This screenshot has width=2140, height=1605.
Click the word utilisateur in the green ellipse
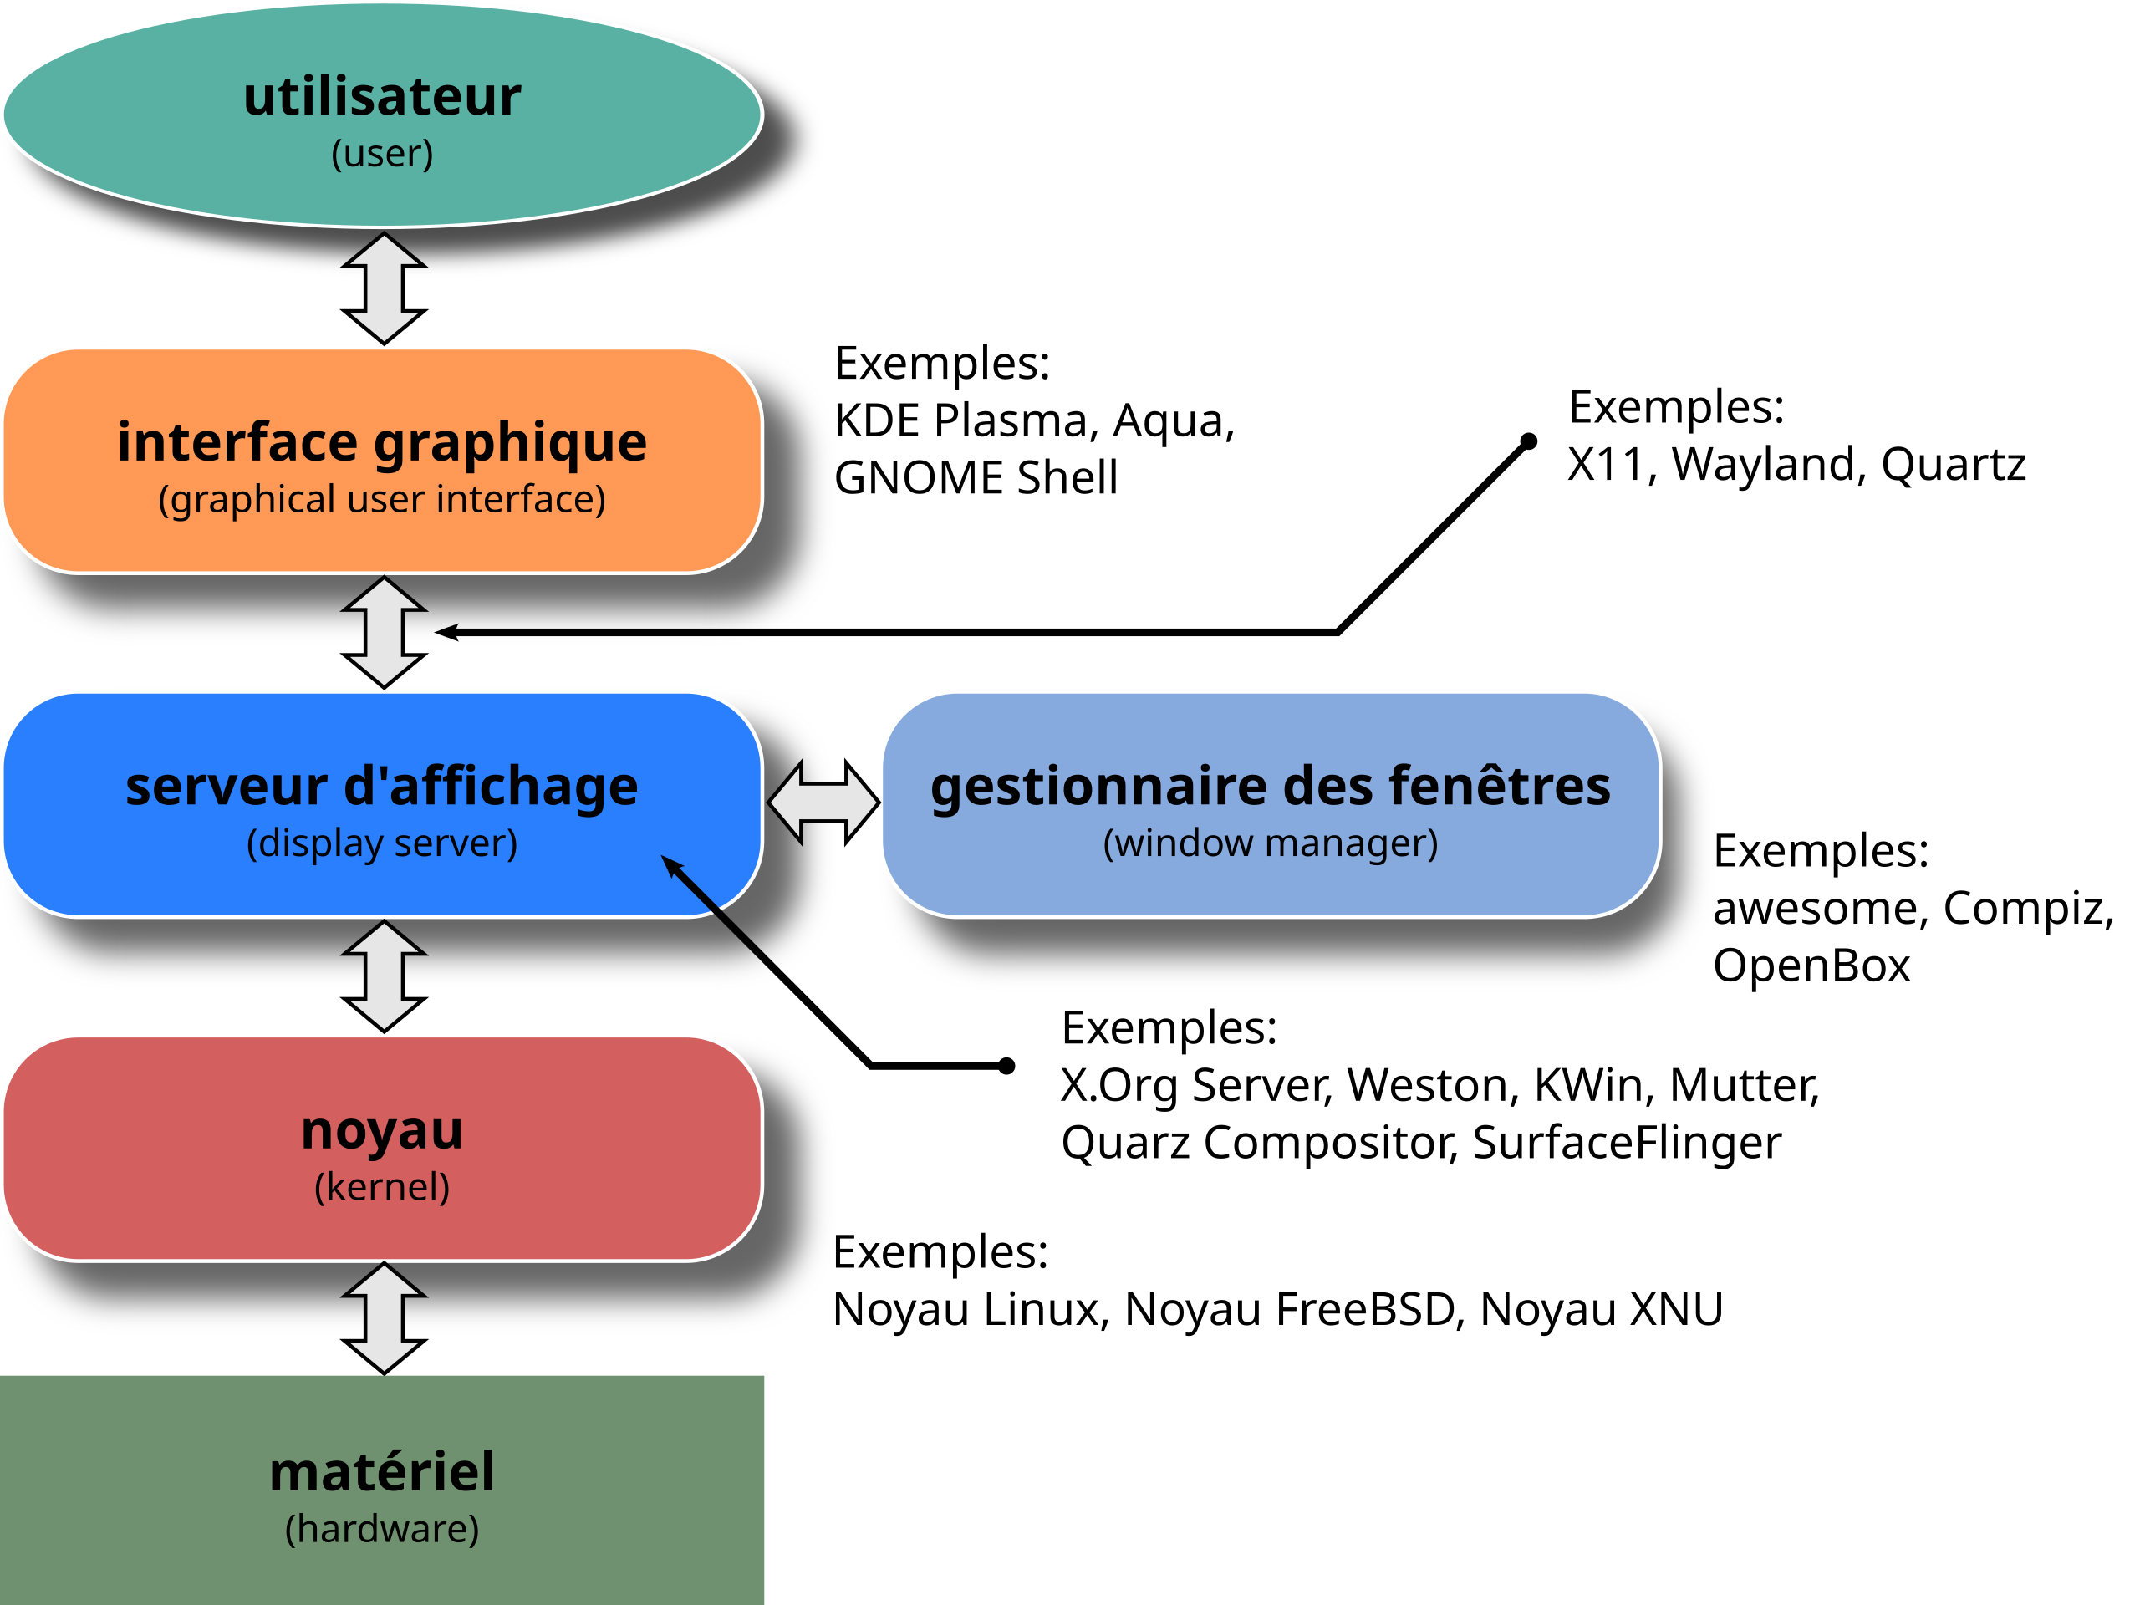(x=382, y=97)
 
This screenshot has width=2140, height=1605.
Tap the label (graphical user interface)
(x=382, y=499)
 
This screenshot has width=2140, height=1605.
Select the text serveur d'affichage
(x=382, y=786)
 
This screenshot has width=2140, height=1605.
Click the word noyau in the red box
(x=382, y=1130)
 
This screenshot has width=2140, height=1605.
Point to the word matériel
(x=382, y=1471)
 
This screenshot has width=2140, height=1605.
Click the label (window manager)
(x=1271, y=843)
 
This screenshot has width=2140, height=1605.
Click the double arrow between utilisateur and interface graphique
(x=384, y=288)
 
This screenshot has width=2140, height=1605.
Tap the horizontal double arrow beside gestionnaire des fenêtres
(x=823, y=802)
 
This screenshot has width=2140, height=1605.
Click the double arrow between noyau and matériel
(x=384, y=1317)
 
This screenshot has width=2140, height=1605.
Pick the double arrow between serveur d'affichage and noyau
(x=384, y=976)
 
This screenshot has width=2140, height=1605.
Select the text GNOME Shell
(x=976, y=478)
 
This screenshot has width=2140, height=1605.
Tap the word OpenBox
(x=1811, y=966)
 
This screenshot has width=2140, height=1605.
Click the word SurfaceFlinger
(x=1626, y=1143)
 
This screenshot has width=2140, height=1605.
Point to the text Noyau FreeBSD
(x=1290, y=1310)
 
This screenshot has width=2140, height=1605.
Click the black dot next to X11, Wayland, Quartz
(x=1529, y=441)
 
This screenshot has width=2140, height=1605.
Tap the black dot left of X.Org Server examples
(x=1006, y=1066)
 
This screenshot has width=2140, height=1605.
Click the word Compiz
(x=2028, y=909)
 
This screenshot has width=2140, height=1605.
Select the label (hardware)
(x=382, y=1529)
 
